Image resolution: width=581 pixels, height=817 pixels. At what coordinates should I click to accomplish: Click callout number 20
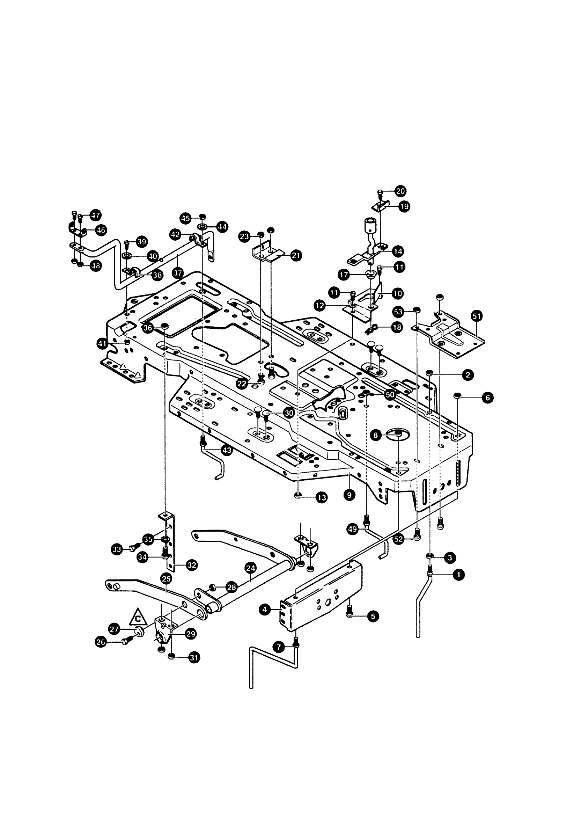point(400,191)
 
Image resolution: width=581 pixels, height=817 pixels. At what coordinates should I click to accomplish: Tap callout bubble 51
point(477,316)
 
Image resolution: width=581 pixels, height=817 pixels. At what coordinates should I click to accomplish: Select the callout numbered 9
point(349,495)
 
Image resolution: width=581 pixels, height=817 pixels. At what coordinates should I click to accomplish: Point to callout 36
point(148,328)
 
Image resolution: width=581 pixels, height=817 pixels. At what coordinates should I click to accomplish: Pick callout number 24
point(251,568)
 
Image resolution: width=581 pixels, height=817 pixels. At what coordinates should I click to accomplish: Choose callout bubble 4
point(265,610)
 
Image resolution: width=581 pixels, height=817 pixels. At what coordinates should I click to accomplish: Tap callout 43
point(227,450)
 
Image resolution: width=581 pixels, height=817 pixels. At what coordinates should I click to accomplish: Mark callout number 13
point(322,498)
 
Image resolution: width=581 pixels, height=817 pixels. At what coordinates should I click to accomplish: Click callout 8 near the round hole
point(376,436)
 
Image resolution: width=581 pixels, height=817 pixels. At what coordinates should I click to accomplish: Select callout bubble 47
point(96,215)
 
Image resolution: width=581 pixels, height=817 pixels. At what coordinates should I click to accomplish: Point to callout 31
point(194,658)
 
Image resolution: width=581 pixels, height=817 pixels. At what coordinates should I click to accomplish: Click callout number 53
point(398,312)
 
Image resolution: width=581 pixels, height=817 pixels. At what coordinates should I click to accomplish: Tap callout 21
point(296,256)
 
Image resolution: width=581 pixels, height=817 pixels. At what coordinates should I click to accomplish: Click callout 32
point(192,566)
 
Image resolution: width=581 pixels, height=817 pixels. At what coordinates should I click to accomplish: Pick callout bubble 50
point(390,395)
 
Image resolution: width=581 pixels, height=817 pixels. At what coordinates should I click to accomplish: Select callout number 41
point(102,344)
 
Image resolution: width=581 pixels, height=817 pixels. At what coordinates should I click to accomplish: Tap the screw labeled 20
point(381,194)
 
